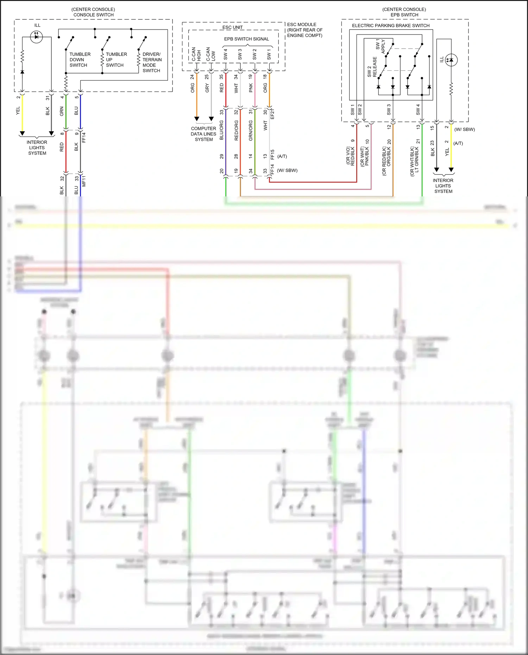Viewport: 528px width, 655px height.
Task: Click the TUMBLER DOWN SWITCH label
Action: point(80,59)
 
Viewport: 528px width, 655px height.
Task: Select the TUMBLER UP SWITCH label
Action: point(116,59)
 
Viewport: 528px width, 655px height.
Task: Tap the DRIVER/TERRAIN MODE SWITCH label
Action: point(152,62)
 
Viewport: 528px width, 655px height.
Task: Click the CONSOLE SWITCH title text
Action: point(93,15)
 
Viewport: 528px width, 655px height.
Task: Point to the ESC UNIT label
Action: point(232,27)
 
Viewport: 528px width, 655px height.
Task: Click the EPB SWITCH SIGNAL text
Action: point(246,39)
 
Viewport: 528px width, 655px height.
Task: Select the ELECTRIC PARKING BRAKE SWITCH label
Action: point(391,25)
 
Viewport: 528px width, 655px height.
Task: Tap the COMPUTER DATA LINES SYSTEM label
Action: point(203,134)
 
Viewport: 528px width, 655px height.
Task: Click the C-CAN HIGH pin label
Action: point(196,55)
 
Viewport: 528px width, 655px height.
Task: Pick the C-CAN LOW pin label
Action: point(210,55)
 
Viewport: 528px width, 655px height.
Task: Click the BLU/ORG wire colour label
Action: point(221,130)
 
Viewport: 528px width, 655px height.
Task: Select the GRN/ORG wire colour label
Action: point(251,130)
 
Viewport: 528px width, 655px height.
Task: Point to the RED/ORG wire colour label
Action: point(236,130)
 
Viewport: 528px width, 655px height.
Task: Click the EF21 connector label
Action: point(272,114)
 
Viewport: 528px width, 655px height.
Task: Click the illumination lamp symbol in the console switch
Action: point(36,37)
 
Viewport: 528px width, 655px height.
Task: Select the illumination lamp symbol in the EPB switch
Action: point(451,60)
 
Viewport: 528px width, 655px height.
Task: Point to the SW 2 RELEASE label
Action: point(372,67)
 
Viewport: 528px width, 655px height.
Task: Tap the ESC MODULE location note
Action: point(304,30)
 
